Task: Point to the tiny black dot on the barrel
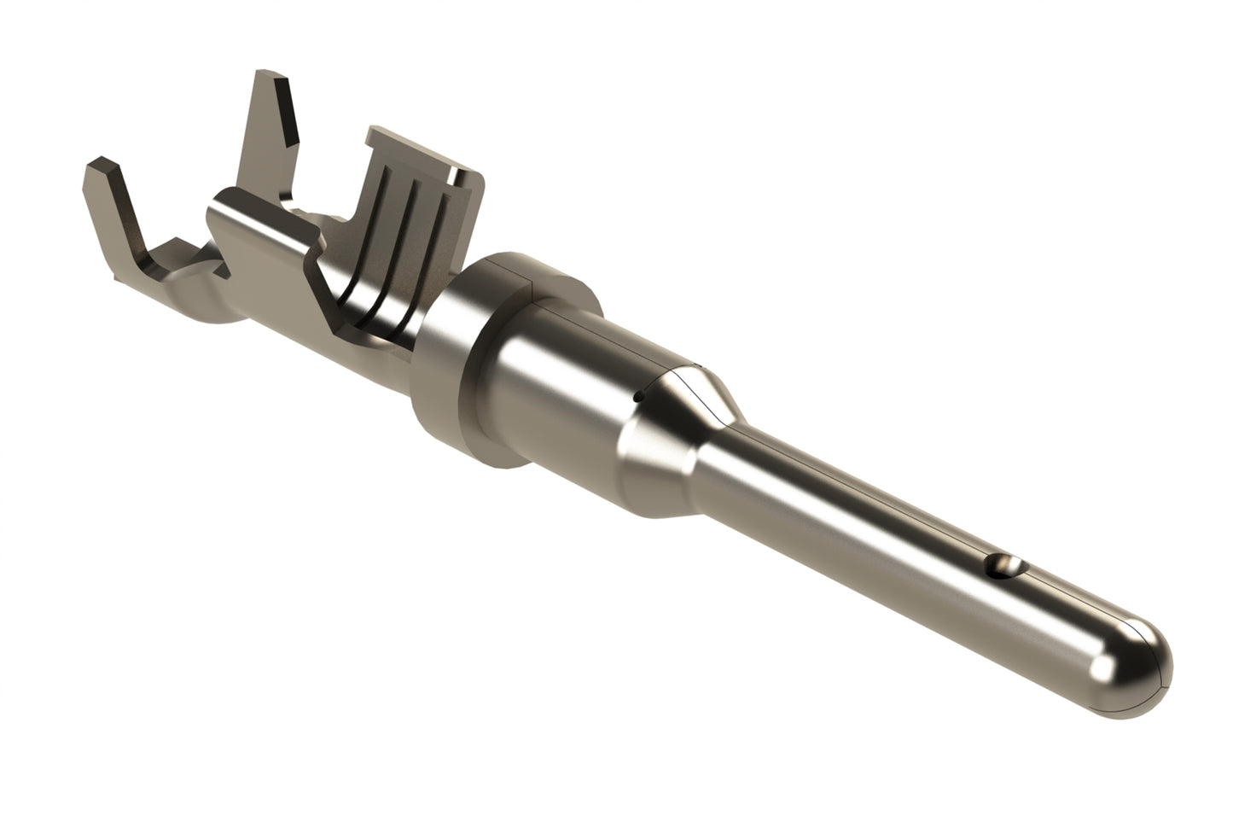637,396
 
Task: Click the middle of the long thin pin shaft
853,512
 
